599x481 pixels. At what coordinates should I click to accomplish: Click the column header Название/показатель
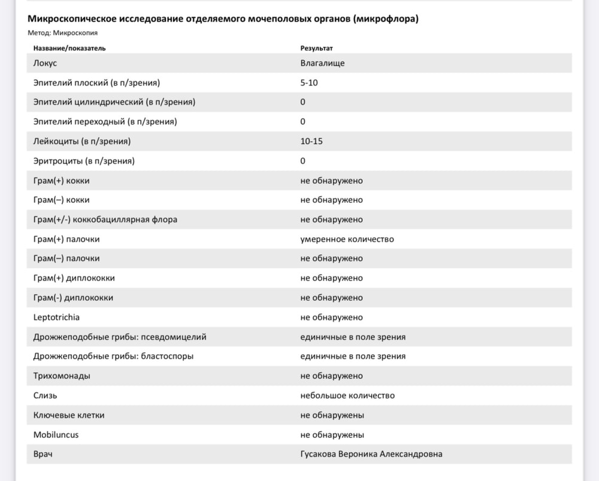click(x=69, y=48)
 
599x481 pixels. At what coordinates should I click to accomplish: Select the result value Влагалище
click(x=322, y=63)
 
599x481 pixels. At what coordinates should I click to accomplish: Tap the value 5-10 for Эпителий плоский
click(x=309, y=83)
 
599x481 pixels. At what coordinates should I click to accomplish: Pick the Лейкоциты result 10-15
click(x=312, y=141)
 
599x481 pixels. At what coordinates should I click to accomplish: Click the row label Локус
click(x=46, y=63)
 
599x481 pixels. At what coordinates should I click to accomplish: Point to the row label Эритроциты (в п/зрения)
click(x=84, y=161)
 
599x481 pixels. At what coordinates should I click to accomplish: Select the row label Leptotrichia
click(x=56, y=317)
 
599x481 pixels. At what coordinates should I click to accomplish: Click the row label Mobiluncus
click(x=56, y=434)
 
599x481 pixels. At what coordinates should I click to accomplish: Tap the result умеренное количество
click(x=347, y=239)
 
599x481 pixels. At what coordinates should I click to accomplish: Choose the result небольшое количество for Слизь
click(x=347, y=395)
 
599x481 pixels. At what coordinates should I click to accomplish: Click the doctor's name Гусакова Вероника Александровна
click(x=371, y=454)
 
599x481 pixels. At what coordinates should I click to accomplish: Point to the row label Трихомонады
click(x=62, y=376)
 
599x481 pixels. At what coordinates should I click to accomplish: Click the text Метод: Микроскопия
click(x=63, y=33)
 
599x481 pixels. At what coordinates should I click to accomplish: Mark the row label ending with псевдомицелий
click(x=120, y=337)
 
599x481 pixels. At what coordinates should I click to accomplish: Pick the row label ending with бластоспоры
click(x=113, y=356)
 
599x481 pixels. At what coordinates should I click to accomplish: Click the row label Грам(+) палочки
click(x=66, y=239)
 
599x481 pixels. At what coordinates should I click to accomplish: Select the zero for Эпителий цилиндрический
click(x=303, y=102)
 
